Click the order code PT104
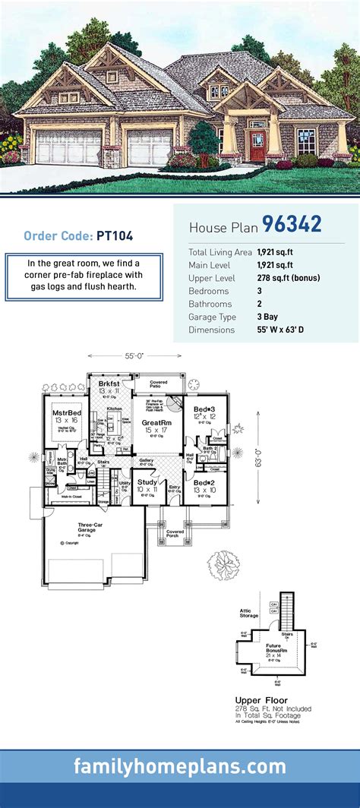click(x=115, y=236)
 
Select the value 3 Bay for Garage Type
click(x=268, y=317)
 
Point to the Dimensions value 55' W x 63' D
click(x=292, y=331)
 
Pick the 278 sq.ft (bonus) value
click(x=288, y=278)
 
